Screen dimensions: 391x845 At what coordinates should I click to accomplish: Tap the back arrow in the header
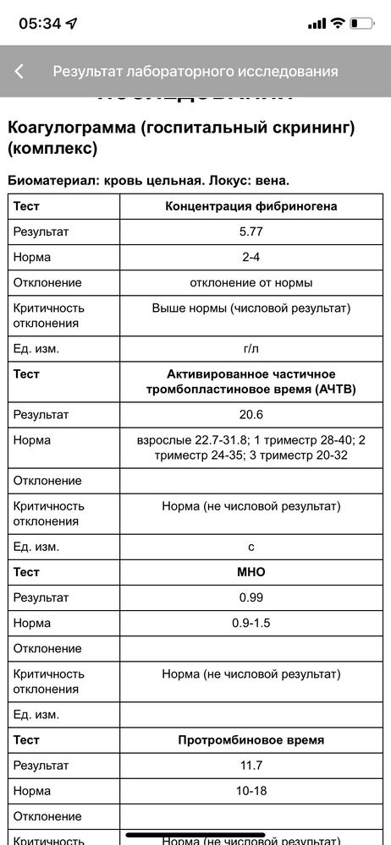[x=19, y=72]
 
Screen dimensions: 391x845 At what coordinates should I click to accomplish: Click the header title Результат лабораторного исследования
[x=195, y=72]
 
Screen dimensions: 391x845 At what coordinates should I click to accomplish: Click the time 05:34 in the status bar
[x=41, y=24]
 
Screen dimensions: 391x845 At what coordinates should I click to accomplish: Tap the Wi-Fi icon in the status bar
[x=338, y=24]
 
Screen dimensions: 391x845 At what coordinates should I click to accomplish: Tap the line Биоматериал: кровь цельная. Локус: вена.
[x=149, y=180]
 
